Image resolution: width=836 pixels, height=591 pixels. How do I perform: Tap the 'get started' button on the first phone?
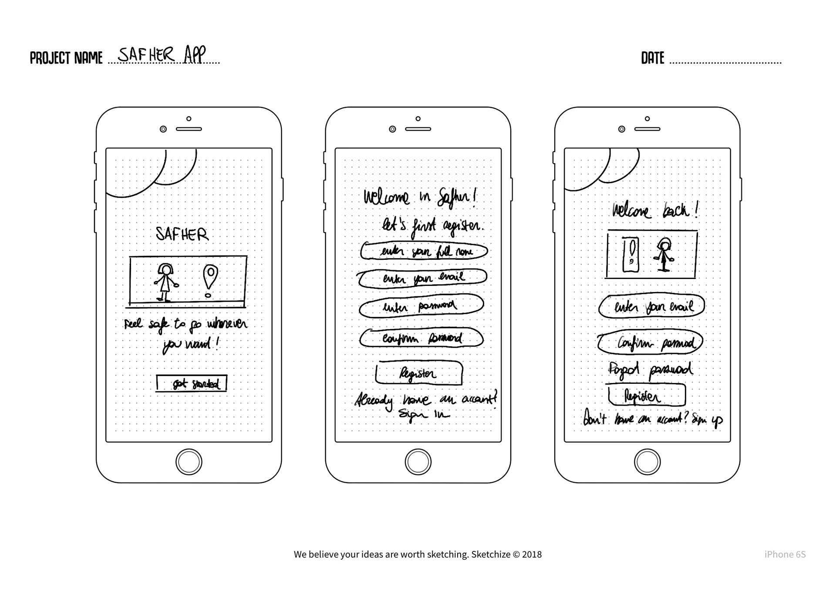[x=192, y=383]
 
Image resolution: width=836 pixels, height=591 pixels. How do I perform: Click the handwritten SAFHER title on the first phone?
[x=182, y=234]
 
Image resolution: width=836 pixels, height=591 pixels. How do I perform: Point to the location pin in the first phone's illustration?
[x=210, y=278]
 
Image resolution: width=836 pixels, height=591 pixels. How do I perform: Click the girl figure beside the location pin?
[x=165, y=282]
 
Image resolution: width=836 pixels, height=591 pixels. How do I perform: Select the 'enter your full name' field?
[x=424, y=252]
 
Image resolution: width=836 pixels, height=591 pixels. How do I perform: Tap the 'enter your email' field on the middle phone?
[x=422, y=278]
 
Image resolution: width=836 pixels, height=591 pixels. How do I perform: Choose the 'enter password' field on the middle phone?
[x=421, y=306]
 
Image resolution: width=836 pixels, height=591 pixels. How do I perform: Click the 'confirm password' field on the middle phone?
[x=421, y=338]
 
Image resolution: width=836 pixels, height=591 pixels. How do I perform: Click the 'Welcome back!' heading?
[x=655, y=211]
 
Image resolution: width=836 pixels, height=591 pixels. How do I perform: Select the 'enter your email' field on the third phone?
[x=651, y=306]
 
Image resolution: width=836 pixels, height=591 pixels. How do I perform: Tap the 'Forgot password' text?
[x=650, y=370]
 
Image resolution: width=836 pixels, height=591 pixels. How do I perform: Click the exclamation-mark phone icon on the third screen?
[x=631, y=255]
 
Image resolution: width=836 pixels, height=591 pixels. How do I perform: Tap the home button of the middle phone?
[x=418, y=462]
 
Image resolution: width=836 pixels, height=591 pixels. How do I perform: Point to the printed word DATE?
[x=652, y=58]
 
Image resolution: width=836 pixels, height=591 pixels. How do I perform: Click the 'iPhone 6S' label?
[x=785, y=554]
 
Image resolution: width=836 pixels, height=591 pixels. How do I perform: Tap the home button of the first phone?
[x=189, y=462]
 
